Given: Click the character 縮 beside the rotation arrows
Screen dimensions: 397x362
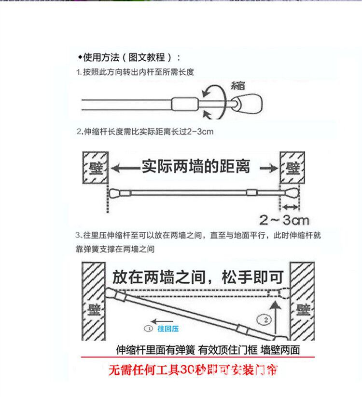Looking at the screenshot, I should point(238,85).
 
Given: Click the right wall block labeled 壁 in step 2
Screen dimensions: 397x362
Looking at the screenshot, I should point(292,168).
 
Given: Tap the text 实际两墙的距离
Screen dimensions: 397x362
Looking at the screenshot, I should point(195,167).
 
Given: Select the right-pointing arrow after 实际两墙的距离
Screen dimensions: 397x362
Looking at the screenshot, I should point(267,168).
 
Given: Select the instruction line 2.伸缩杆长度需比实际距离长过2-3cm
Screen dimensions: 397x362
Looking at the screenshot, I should point(144,131).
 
